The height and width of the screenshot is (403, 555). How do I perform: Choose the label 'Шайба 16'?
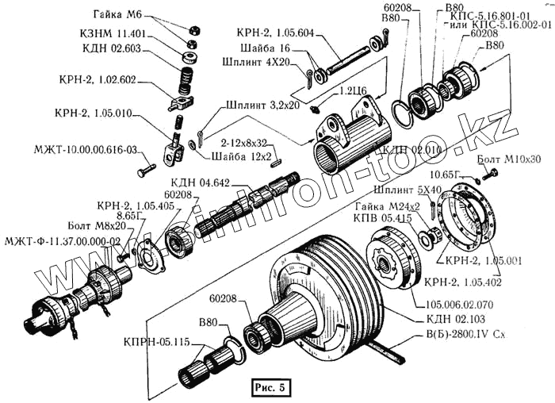(265, 48)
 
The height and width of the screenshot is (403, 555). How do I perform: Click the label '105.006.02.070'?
(460, 303)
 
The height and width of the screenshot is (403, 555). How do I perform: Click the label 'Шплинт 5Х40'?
(400, 190)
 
